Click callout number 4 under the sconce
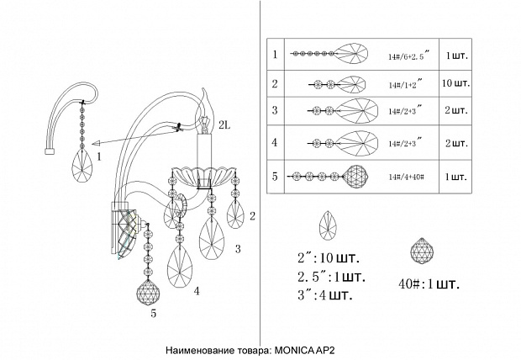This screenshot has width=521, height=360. [x=197, y=291]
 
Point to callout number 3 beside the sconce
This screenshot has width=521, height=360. [x=238, y=249]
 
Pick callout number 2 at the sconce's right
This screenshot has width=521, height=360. [x=251, y=216]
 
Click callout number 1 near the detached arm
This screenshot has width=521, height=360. [x=98, y=156]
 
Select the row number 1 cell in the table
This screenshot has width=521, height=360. [x=275, y=56]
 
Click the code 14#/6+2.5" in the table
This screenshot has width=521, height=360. [x=410, y=56]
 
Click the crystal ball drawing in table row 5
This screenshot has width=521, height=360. [x=357, y=177]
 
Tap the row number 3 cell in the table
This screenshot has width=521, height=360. [x=275, y=110]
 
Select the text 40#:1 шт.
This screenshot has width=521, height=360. [x=429, y=283]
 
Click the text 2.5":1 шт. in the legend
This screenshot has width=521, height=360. [x=331, y=277]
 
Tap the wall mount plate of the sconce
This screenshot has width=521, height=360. [x=123, y=227]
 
